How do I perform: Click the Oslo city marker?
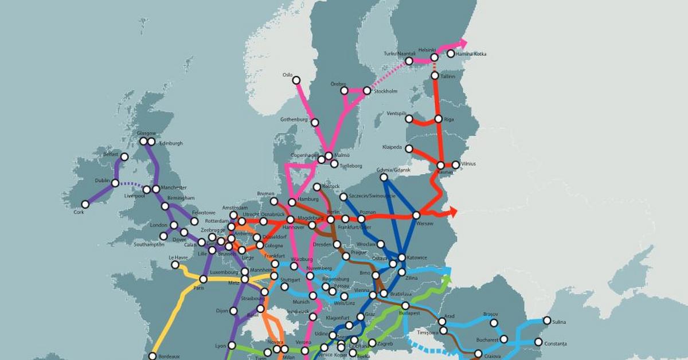[296, 81]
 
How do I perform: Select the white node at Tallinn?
[435, 76]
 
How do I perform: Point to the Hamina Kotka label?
[471, 54]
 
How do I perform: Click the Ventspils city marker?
[409, 119]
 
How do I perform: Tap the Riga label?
[448, 119]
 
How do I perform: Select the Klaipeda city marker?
[409, 149]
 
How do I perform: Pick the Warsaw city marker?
[416, 216]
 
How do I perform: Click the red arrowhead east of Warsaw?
[454, 212]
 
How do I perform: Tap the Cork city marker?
[85, 204]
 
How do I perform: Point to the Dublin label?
[102, 181]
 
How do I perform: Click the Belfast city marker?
[124, 156]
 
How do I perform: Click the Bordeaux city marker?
[152, 356]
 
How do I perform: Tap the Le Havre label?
[178, 257]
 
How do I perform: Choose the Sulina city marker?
[548, 321]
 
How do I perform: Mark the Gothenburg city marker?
[314, 122]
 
